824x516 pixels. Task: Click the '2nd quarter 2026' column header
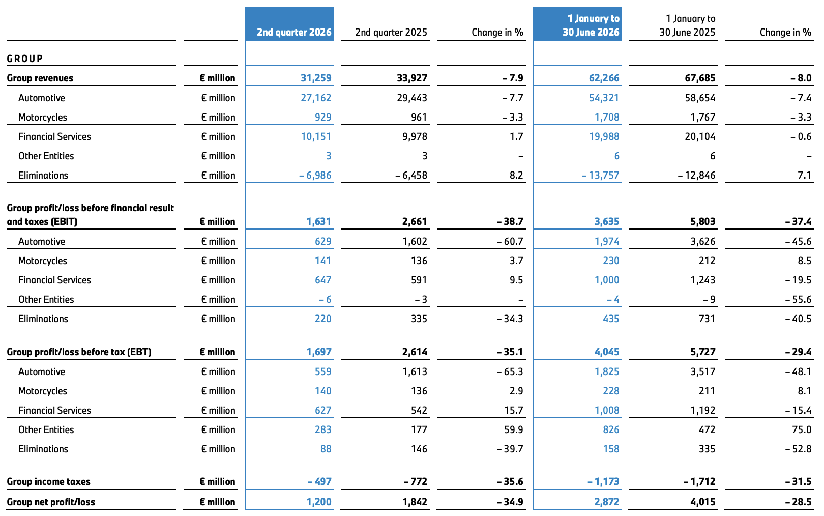point(294,33)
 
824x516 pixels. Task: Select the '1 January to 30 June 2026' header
point(591,25)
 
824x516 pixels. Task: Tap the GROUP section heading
point(24,59)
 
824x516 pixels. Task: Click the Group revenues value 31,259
point(316,78)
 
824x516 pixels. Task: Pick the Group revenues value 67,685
point(700,78)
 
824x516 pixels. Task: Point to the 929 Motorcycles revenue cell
point(323,117)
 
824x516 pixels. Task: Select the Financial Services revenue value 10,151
point(316,136)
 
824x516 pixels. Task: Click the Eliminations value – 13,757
point(600,175)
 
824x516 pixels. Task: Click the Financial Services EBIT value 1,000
point(607,280)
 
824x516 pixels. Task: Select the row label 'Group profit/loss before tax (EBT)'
point(79,352)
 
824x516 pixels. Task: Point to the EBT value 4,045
point(607,352)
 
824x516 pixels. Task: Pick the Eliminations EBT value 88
point(326,449)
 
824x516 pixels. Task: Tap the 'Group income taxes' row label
point(48,482)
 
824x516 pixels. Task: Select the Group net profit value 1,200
point(319,502)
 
